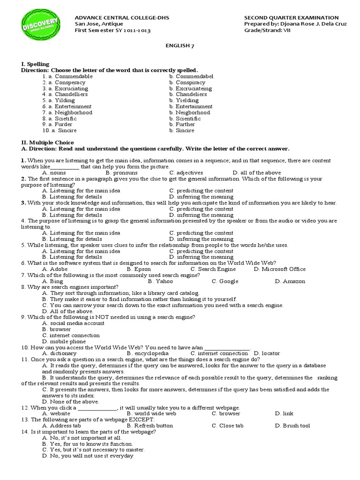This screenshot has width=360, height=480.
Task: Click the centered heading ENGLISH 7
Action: [180, 45]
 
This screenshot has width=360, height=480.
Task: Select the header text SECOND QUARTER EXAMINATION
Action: [291, 18]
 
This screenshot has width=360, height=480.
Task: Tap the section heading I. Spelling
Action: [35, 64]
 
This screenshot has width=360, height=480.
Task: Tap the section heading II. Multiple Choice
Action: [47, 142]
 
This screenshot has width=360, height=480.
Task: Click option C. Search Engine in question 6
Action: [213, 269]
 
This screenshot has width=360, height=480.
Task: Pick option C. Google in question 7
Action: [225, 281]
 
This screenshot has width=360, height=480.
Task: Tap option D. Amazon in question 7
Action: [290, 281]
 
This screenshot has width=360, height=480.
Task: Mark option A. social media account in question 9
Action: [73, 323]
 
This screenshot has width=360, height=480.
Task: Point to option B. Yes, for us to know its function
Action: [88, 443]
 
